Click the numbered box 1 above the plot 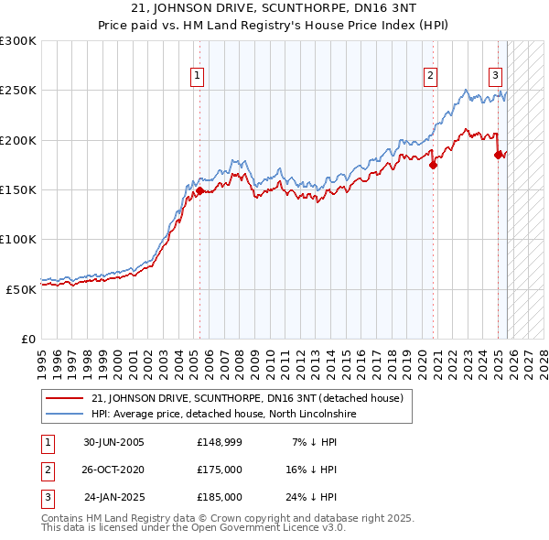[x=198, y=76]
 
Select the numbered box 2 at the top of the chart [x=430, y=76]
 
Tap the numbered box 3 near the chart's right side [x=495, y=76]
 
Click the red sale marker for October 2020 [x=434, y=165]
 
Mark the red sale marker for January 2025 [x=499, y=155]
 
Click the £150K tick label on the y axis [x=18, y=190]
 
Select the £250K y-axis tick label [x=18, y=92]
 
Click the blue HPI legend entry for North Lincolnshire [x=222, y=414]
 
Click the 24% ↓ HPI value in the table [x=309, y=497]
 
